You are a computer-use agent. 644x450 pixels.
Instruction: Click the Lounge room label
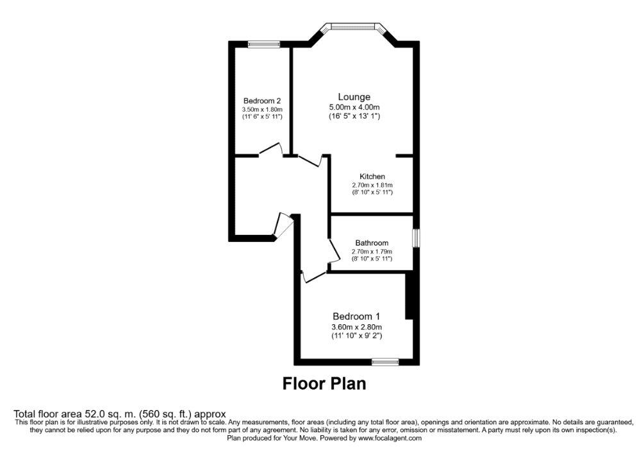(354, 97)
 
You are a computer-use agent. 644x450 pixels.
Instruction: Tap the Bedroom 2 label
(262, 101)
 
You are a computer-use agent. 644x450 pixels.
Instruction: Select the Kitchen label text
(372, 177)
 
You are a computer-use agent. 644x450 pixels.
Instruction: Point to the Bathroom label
(372, 243)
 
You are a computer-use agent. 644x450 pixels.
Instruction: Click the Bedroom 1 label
(356, 316)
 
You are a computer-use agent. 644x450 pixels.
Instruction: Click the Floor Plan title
(324, 383)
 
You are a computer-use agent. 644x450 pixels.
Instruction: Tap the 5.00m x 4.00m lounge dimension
(354, 107)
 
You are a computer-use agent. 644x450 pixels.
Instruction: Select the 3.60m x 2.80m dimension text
(356, 327)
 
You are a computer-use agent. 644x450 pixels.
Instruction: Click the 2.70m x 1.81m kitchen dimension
(372, 185)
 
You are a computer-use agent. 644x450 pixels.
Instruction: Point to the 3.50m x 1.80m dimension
(262, 110)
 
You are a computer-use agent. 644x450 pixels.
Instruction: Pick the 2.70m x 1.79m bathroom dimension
(372, 252)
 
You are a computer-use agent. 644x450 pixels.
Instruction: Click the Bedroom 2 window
(264, 44)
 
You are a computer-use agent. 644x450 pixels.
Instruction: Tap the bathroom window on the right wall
(416, 238)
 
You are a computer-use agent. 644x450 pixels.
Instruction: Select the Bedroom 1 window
(385, 362)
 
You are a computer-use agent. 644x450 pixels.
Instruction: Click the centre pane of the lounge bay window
(354, 27)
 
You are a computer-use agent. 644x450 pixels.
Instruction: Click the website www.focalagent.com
(390, 438)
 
